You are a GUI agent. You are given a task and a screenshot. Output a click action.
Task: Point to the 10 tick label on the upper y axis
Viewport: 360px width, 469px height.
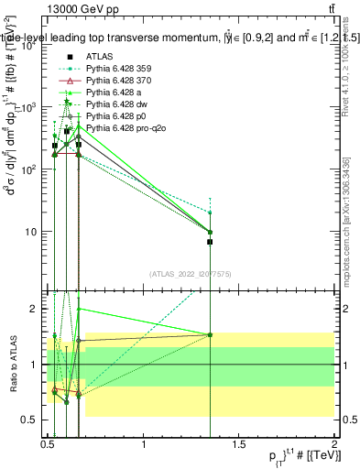(31, 232)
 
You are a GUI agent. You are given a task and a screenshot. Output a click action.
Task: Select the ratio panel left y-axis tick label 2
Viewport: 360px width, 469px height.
(34, 310)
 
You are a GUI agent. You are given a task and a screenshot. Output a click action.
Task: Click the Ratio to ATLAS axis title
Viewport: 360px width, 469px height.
(12, 365)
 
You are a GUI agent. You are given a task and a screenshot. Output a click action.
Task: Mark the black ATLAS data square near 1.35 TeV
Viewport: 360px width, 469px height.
(210, 242)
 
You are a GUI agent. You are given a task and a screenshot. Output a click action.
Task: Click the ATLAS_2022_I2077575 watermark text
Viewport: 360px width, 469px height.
(190, 274)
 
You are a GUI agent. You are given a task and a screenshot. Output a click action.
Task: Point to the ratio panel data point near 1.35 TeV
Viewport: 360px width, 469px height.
(210, 334)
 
